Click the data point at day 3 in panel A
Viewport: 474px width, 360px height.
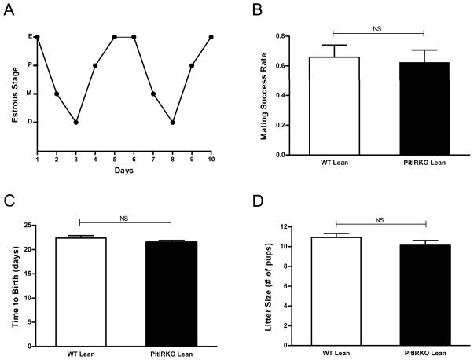(x=75, y=122)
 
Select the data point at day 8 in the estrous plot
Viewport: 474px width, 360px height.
(x=173, y=122)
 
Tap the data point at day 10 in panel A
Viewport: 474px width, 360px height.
(x=211, y=37)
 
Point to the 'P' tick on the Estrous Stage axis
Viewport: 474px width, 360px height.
(x=30, y=65)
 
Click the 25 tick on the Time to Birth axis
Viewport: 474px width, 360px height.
(x=28, y=226)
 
